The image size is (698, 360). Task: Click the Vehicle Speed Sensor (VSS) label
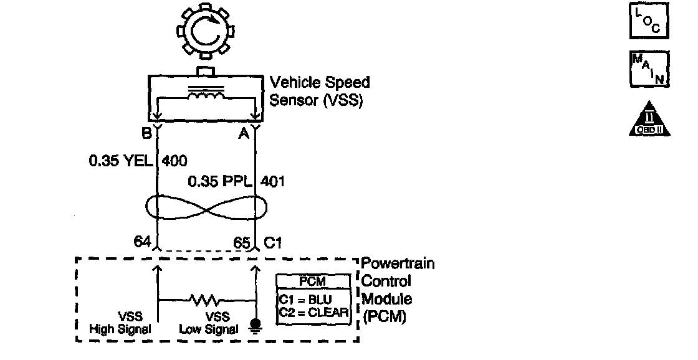pos(318,91)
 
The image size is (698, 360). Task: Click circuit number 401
pos(272,182)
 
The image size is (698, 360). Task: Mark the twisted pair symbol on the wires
pos(205,207)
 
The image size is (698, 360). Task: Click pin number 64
pos(143,242)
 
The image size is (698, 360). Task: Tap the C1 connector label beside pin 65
pos(273,242)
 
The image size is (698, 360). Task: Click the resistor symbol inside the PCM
pos(205,301)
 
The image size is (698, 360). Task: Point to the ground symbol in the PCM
pos(256,325)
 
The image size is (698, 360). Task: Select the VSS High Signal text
pos(121,323)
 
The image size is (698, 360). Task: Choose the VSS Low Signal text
pos(208,323)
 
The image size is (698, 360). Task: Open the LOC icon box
pos(649,23)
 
